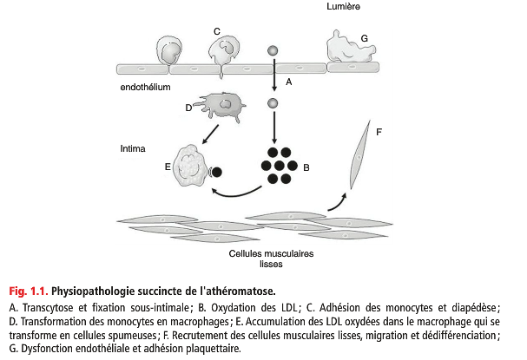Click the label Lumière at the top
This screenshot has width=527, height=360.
point(345,7)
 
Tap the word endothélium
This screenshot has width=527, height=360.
point(146,88)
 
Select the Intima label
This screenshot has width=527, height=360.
point(134,148)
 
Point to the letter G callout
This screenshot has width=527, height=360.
point(364,38)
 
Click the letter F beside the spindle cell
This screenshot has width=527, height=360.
point(379,132)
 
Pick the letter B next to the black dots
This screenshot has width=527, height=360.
point(306,166)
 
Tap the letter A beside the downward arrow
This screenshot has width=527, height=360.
point(288,82)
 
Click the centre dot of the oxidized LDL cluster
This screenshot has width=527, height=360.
point(278,164)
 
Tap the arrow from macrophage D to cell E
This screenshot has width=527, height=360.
point(208,134)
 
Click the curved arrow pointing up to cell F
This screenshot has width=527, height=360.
point(338,202)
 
